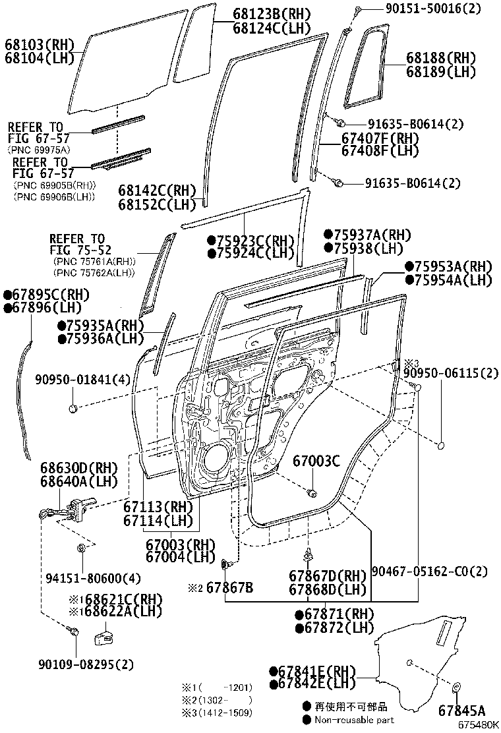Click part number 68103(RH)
(39, 45)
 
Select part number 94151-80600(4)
(93, 579)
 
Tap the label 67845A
(461, 710)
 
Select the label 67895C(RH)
(46, 295)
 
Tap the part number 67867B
(229, 587)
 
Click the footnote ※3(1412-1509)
(218, 713)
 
